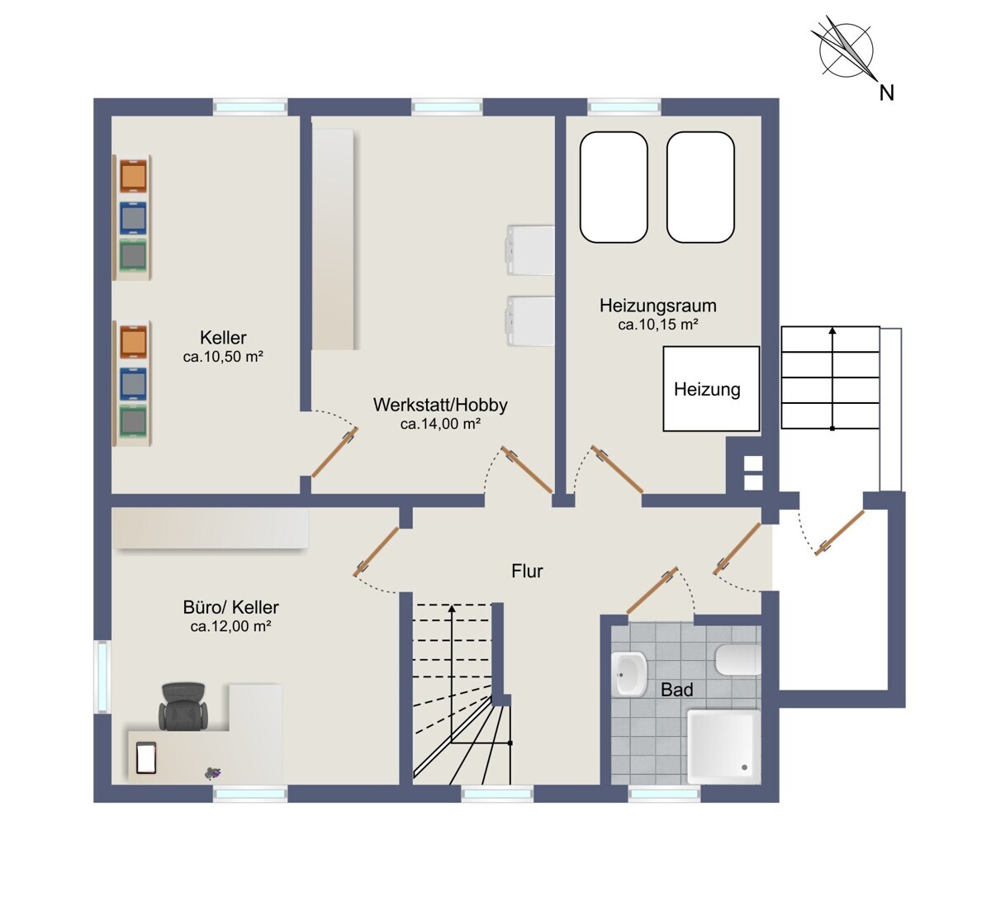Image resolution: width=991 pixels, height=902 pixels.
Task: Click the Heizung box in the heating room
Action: [x=711, y=388]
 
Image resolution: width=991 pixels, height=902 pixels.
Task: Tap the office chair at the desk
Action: [x=183, y=706]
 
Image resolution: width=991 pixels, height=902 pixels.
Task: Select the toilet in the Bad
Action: [x=738, y=659]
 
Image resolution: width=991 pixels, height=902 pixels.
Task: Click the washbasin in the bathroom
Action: [x=629, y=674]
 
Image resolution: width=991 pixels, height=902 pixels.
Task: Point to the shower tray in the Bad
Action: [x=723, y=747]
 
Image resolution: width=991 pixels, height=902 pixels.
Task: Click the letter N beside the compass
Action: [x=887, y=93]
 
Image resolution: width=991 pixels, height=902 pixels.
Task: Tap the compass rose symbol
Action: [x=846, y=50]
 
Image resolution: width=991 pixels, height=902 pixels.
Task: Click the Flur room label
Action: [x=527, y=572]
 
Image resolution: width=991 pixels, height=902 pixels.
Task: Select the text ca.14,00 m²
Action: [x=441, y=424]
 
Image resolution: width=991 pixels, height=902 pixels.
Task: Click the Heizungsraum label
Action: [x=658, y=306]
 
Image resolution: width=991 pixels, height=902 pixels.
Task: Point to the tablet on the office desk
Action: [x=146, y=757]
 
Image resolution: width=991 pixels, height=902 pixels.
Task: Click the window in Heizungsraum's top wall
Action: [x=624, y=107]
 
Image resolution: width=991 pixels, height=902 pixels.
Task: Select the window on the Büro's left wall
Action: [x=102, y=676]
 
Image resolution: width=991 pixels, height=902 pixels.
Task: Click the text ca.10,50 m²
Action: [x=223, y=356]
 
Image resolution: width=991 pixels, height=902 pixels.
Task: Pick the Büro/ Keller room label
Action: [x=230, y=607]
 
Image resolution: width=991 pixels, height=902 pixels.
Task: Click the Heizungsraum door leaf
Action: [x=617, y=469]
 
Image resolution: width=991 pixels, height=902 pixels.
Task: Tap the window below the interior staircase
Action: [x=497, y=794]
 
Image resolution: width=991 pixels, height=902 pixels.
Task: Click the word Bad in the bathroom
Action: [x=677, y=690]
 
